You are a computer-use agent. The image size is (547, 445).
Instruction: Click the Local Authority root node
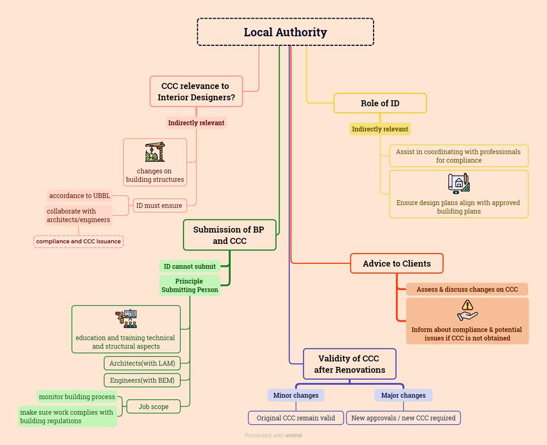tap(285, 32)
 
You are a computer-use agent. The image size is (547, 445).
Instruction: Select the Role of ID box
tap(380, 103)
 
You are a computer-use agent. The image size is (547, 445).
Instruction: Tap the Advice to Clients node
tap(397, 263)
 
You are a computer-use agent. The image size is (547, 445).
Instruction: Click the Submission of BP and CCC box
tap(229, 235)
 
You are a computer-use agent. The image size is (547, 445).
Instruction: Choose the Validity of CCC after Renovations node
tap(349, 364)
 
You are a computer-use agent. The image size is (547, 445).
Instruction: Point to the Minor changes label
tap(296, 395)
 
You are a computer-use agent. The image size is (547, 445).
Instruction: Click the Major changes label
tap(403, 395)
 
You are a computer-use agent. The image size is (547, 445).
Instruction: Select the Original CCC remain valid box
tap(296, 418)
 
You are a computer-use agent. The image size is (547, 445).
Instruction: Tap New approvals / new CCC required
tap(403, 418)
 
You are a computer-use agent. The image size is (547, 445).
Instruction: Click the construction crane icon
tap(155, 152)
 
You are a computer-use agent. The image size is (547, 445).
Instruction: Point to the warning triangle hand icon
tap(467, 311)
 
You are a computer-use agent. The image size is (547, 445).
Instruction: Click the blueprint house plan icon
tap(459, 183)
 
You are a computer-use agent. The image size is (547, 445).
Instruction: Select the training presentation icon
tap(126, 319)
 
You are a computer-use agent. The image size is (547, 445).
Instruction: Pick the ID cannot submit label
tap(189, 267)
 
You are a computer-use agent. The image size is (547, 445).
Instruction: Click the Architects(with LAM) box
tap(142, 363)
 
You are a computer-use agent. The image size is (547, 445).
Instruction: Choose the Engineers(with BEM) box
tap(142, 380)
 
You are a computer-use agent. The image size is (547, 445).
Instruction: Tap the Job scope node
tap(153, 407)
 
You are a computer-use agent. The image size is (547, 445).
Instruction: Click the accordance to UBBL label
tap(79, 196)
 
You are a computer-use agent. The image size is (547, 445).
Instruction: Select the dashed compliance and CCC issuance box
tap(78, 242)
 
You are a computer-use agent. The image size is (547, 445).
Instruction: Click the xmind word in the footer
tap(294, 435)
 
